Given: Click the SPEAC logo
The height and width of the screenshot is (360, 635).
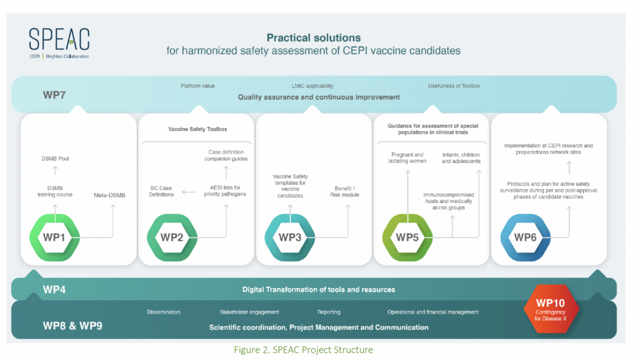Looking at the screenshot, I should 59,43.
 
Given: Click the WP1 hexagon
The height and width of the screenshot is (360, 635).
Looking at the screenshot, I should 55,237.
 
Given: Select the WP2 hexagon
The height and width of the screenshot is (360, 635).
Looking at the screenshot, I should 172,237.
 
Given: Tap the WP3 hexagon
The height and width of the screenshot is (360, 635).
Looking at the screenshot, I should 289,237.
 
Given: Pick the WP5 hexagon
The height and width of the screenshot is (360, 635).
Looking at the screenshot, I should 407,237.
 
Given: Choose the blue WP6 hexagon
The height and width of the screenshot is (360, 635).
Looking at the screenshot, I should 525,237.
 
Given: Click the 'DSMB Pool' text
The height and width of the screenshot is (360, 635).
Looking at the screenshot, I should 55,158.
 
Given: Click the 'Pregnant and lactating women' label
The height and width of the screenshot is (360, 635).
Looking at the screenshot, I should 407,158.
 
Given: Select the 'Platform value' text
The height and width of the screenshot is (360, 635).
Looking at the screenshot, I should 198,86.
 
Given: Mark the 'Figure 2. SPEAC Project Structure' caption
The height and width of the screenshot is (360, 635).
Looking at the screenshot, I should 303,350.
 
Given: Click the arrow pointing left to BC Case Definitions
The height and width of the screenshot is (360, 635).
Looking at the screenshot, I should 189,192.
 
